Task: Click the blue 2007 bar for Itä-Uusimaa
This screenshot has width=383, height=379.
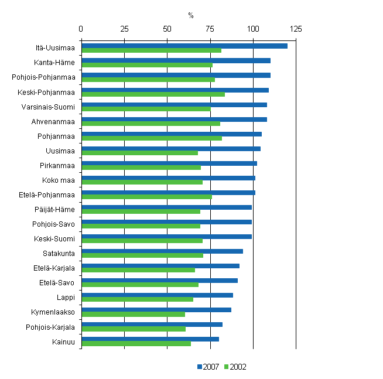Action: tap(184, 46)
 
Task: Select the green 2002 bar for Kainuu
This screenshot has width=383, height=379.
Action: tap(136, 343)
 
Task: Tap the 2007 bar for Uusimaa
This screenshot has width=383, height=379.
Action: tap(170, 149)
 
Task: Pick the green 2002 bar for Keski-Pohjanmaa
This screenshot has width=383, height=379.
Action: tap(153, 94)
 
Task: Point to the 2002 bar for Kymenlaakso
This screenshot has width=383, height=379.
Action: tap(133, 314)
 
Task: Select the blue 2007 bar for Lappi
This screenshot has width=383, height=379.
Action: tap(157, 295)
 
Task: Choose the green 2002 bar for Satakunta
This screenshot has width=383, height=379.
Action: tap(142, 255)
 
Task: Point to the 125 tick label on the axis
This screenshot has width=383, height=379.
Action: tap(296, 28)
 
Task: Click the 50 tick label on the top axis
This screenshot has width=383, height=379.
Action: tap(167, 28)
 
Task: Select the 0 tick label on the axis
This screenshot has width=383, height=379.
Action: tap(81, 28)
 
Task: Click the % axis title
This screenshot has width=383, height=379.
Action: tap(191, 15)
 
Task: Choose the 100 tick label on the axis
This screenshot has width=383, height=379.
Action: tap(253, 28)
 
